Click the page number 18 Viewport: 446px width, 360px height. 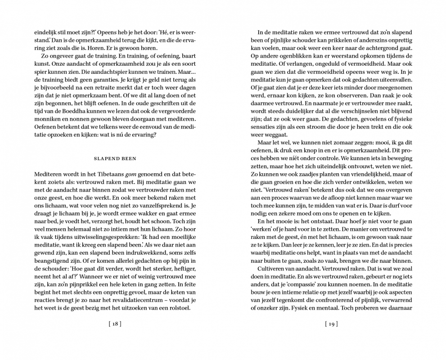click(x=115, y=323)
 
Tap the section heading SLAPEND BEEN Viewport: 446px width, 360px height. click(x=115, y=158)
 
